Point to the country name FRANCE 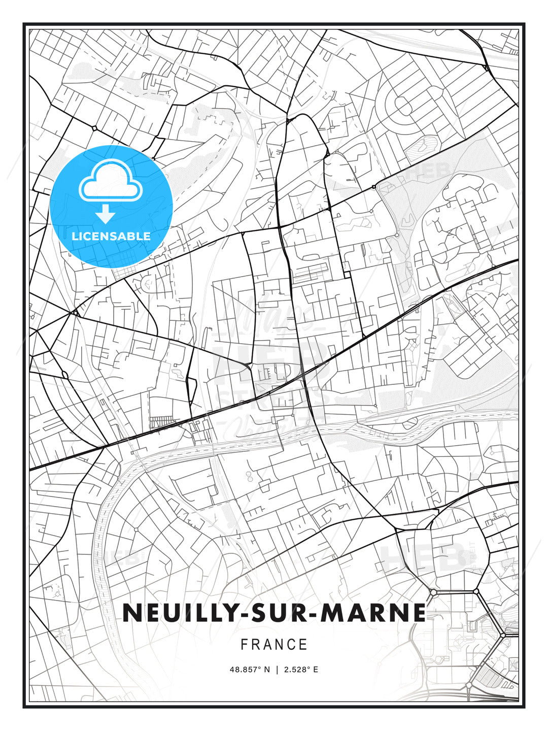(274, 645)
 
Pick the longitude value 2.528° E (301, 670)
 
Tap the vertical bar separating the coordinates (277, 670)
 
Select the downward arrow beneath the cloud (106, 214)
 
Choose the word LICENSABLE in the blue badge (111, 236)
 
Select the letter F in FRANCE (244, 645)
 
